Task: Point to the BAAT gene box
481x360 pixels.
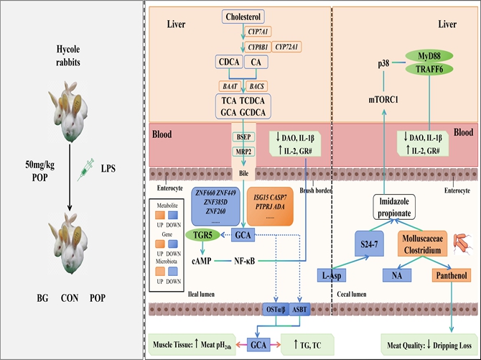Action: click(230, 85)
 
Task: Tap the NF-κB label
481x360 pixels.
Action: click(248, 261)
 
